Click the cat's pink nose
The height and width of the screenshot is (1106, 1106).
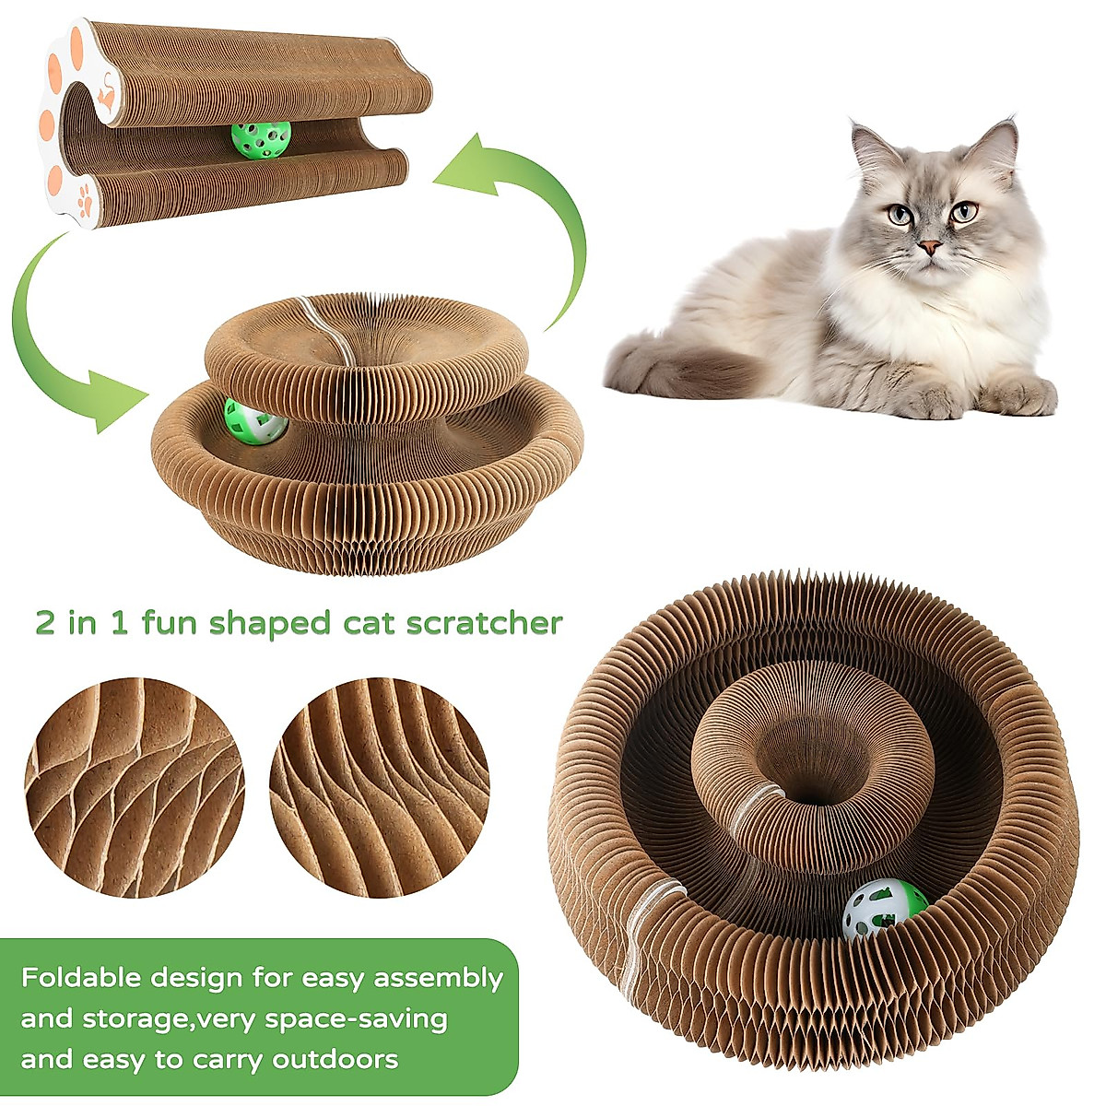point(930,247)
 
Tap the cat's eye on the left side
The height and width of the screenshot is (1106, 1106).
point(900,216)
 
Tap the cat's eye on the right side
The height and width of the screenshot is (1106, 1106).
point(963,212)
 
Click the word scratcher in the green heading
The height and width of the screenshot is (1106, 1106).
point(488,623)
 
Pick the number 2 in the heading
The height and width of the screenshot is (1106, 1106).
point(45,624)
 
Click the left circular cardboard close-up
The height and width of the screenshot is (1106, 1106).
point(135,788)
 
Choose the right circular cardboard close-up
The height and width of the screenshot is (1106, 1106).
point(379,788)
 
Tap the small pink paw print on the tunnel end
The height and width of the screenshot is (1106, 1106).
point(86,196)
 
